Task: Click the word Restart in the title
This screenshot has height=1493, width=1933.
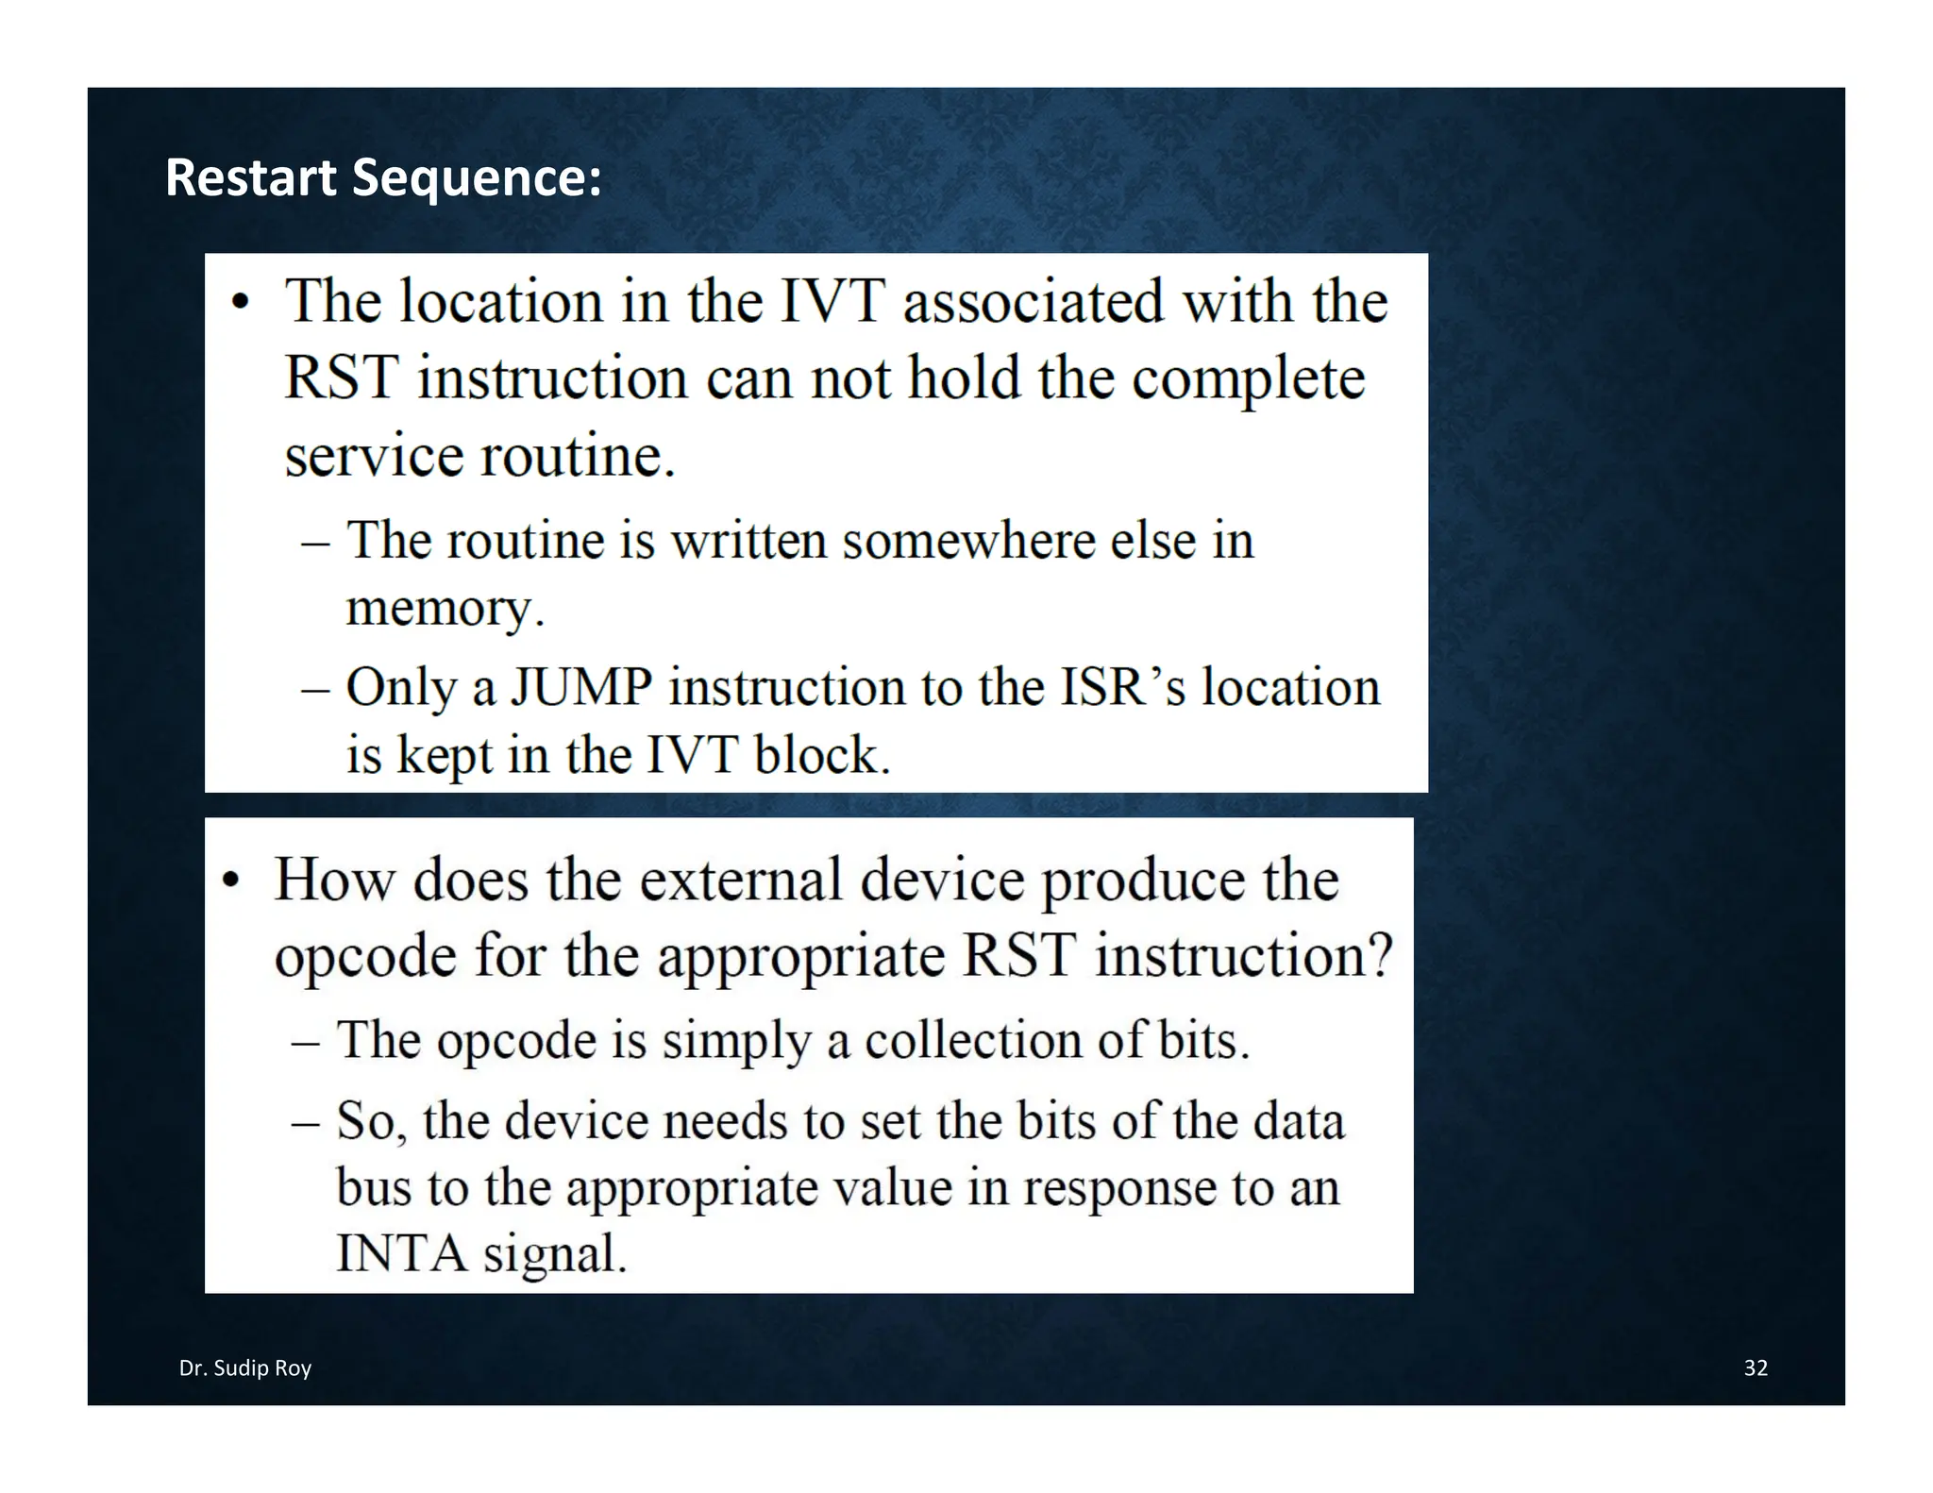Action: pos(250,177)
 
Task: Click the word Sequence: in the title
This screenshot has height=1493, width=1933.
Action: pos(477,179)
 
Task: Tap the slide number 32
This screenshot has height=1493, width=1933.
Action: pos(1755,1367)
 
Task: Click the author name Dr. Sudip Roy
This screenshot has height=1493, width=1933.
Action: pos(245,1367)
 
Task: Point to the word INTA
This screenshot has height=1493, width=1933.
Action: pos(402,1253)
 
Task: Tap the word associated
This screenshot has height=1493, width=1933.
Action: pos(1034,302)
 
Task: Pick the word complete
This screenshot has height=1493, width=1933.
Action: pos(1248,378)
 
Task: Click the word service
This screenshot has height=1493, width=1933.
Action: pos(373,456)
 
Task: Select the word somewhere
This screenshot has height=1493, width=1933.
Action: pos(968,541)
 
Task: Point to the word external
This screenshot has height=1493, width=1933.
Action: pos(741,880)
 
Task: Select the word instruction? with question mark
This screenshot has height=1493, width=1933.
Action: pos(1243,955)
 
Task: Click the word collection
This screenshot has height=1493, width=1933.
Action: pos(974,1040)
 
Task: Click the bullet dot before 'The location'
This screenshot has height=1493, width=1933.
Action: pos(242,304)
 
